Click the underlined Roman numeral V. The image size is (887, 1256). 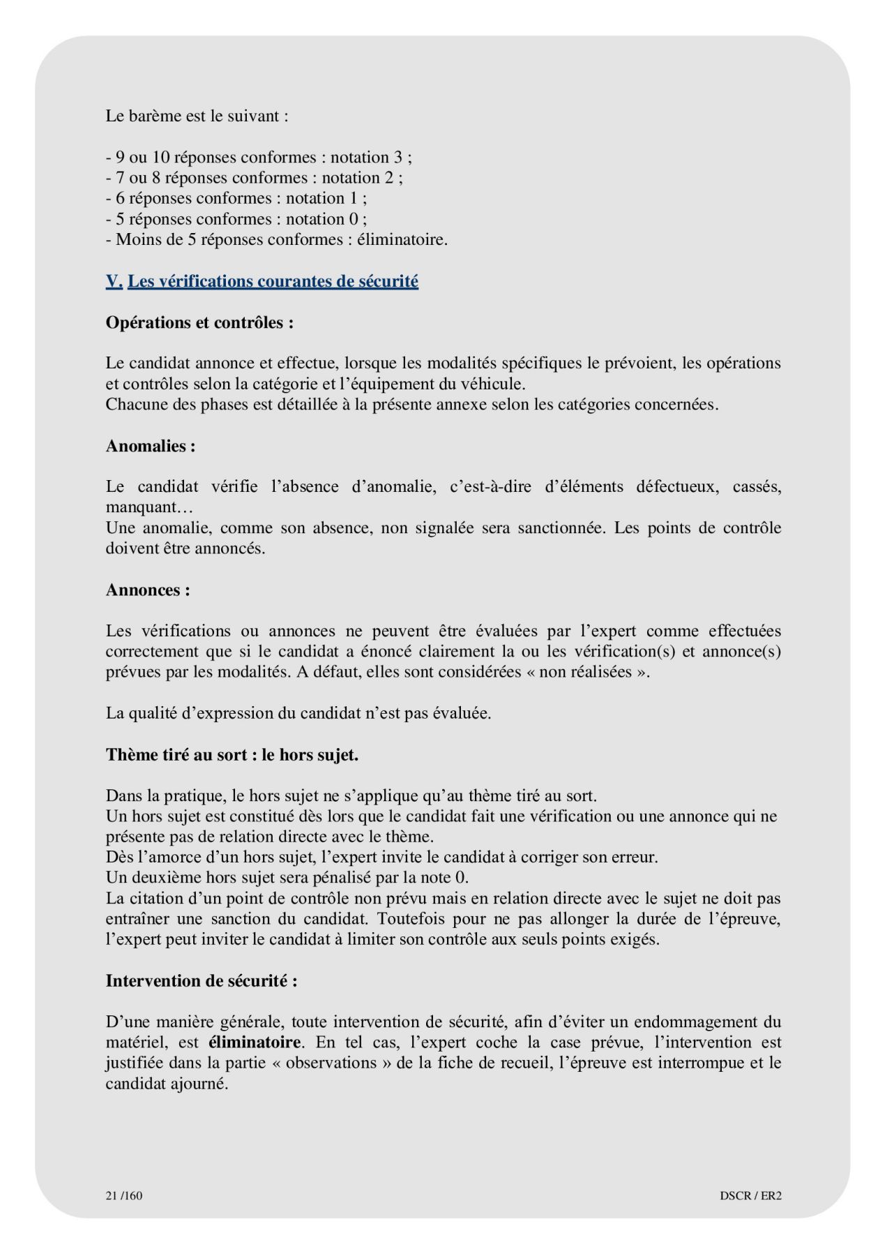(x=114, y=281)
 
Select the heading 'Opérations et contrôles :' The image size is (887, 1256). (x=199, y=322)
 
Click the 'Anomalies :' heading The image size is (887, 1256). (x=151, y=446)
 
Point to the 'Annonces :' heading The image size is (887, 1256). (x=148, y=590)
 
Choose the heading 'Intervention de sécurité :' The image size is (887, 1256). (x=202, y=980)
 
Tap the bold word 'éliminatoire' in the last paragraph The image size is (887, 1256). (x=255, y=1042)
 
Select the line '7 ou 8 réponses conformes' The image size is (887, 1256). (x=255, y=177)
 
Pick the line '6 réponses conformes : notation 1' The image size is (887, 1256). (x=236, y=198)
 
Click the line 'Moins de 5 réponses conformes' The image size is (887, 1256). (x=277, y=239)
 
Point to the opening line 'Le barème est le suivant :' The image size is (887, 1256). (x=197, y=116)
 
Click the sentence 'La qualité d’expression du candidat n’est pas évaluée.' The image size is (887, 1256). (x=298, y=713)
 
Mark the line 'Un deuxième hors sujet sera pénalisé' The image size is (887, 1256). (x=287, y=877)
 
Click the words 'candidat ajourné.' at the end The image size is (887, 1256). (x=167, y=1084)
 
